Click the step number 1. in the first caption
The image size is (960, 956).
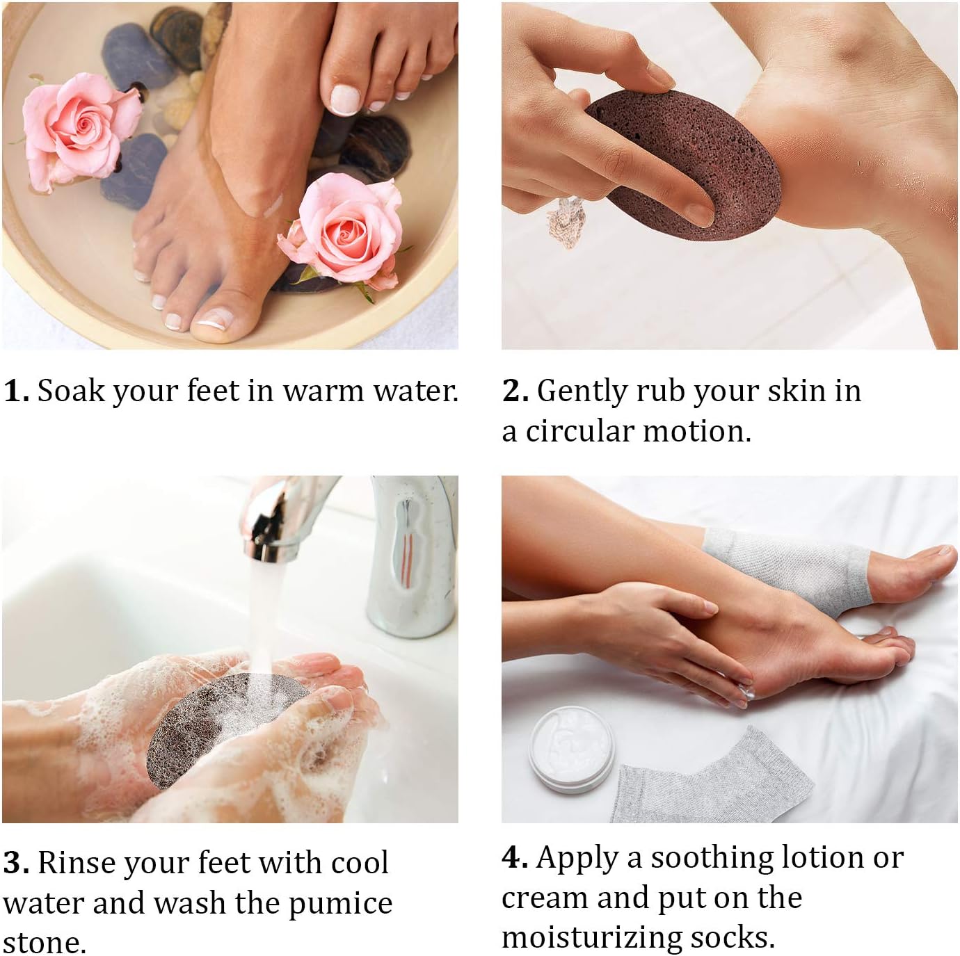click(x=16, y=391)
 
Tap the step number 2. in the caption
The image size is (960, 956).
click(x=515, y=391)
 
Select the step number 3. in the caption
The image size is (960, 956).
click(x=16, y=863)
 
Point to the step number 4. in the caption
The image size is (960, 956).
click(x=515, y=857)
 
